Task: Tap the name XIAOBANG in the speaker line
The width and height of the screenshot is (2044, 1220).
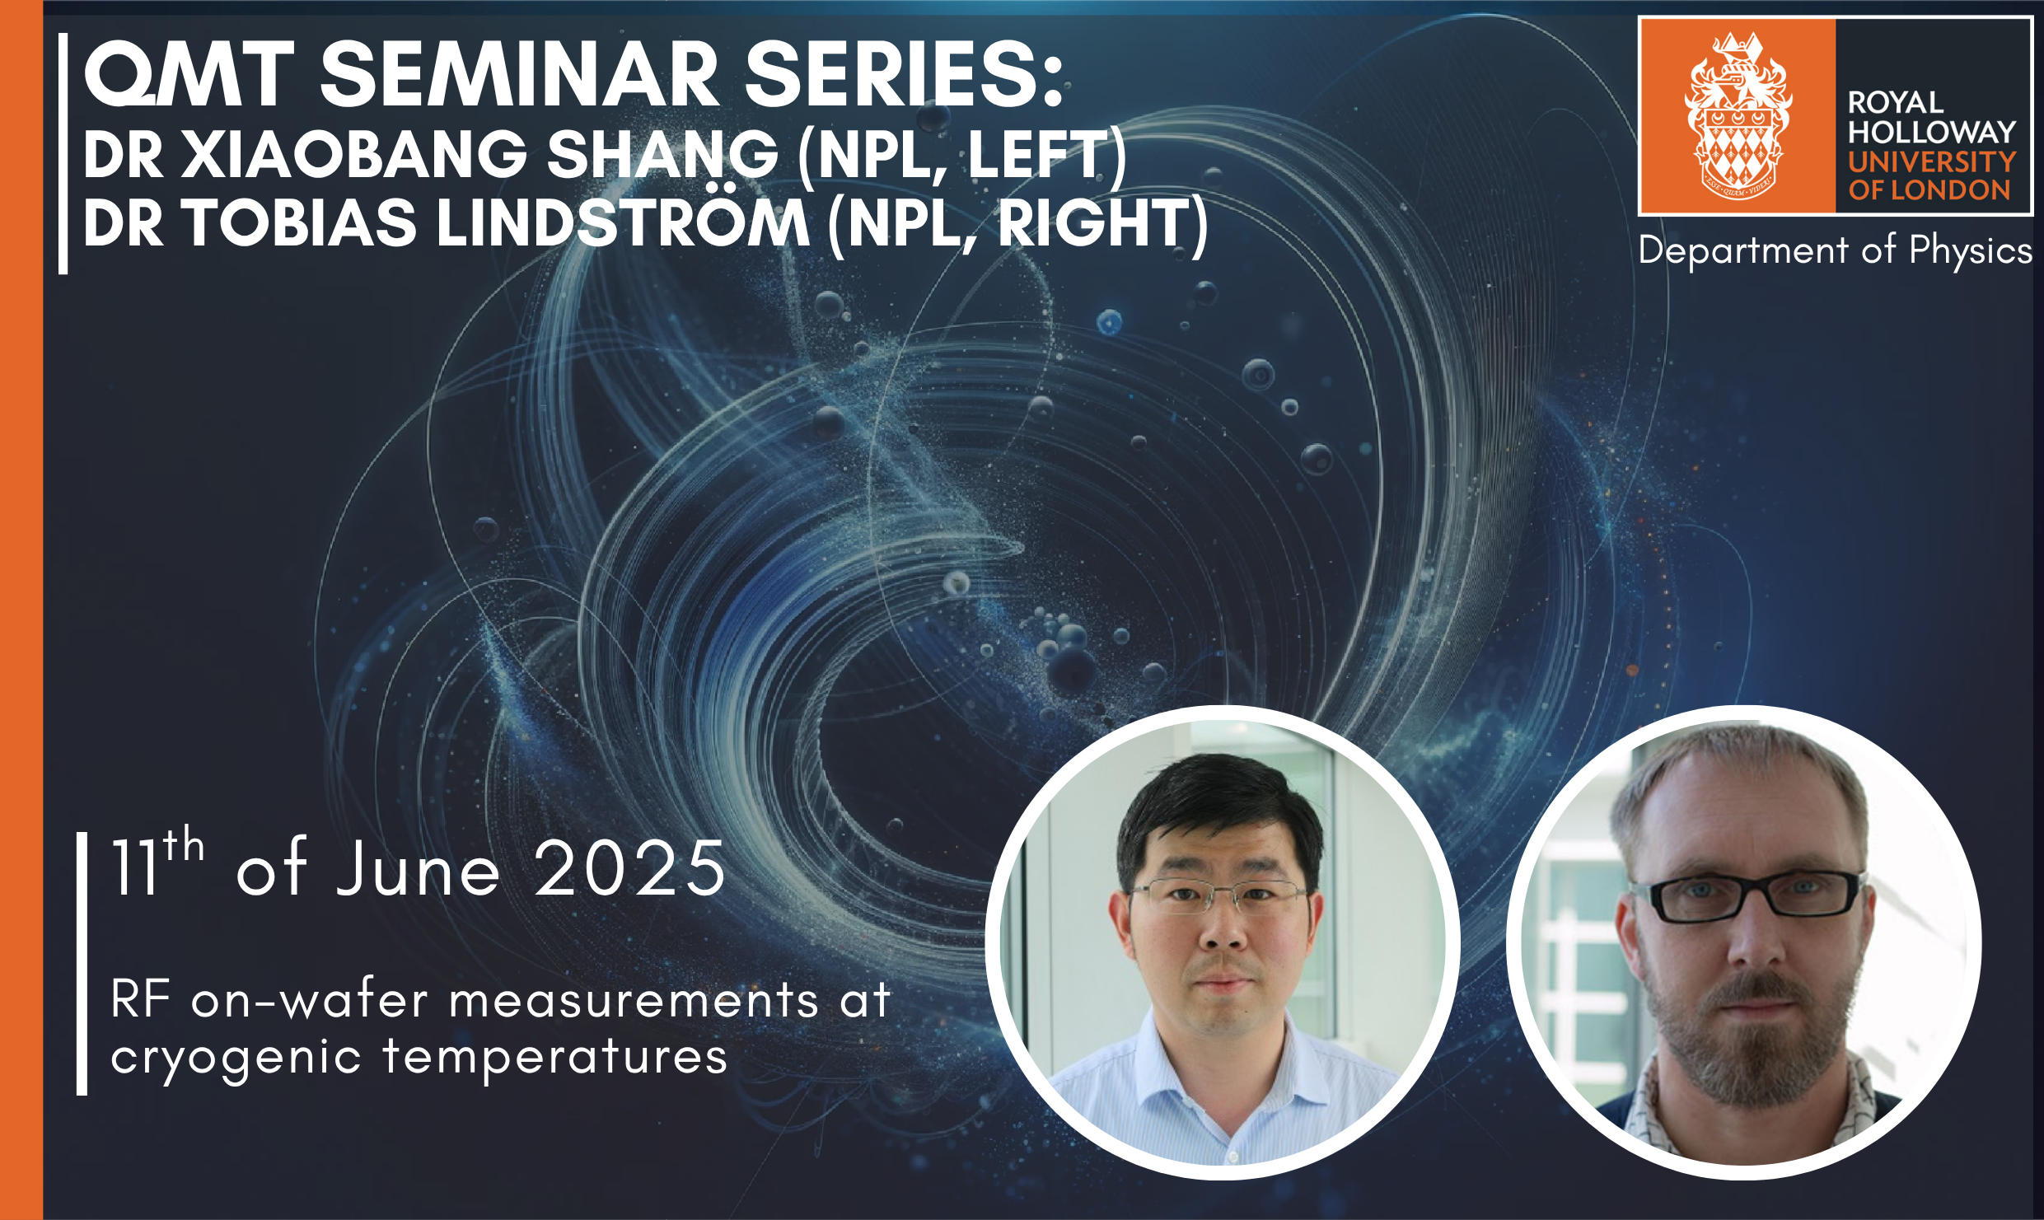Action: click(354, 155)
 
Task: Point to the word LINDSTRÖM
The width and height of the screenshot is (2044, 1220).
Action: click(623, 224)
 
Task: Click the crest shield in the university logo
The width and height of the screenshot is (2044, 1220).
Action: click(1738, 148)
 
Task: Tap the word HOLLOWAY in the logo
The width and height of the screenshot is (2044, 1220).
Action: click(1930, 132)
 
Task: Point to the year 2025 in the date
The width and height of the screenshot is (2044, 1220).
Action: click(629, 869)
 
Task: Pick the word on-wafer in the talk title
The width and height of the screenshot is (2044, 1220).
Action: click(309, 1001)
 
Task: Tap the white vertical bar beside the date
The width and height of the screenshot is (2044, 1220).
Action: click(82, 964)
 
